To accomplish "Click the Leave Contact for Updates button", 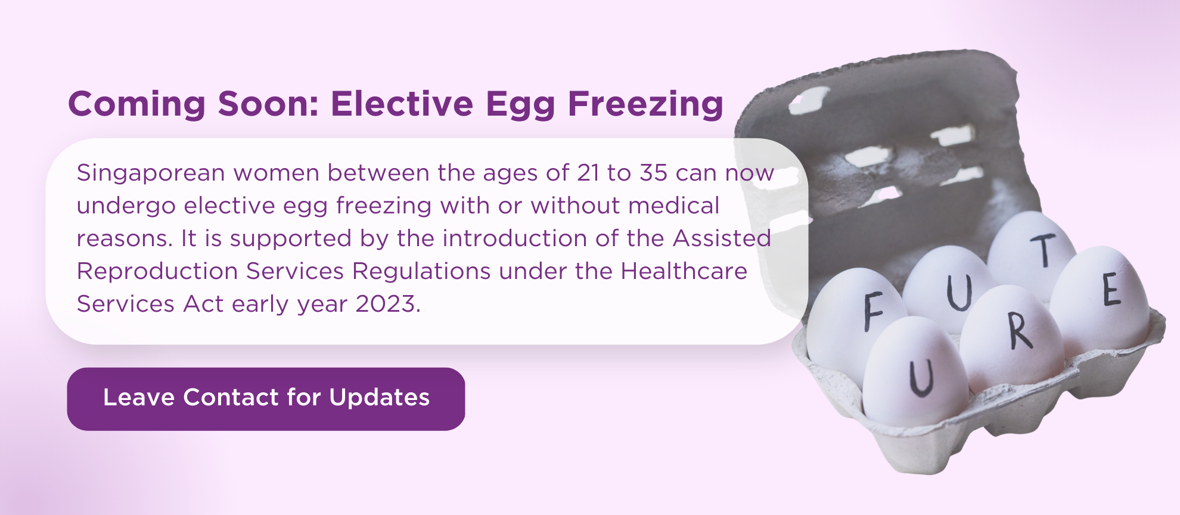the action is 266,399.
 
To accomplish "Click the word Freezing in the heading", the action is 645,104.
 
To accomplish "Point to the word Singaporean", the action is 151,173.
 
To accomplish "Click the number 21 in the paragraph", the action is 588,173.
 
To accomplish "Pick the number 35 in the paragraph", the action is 653,173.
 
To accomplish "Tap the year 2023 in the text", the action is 386,304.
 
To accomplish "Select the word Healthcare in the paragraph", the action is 684,271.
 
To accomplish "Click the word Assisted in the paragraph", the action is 722,238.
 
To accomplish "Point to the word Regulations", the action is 422,272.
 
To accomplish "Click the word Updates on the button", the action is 379,398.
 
